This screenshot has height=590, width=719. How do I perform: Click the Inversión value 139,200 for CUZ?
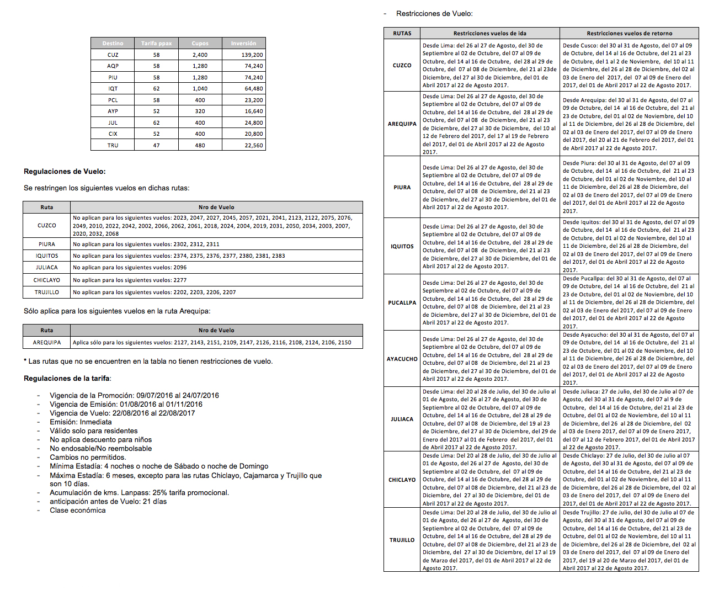point(252,55)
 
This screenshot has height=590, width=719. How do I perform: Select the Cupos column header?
point(200,43)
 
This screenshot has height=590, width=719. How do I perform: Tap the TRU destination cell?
point(113,145)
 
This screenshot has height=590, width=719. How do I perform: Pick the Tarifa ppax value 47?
point(156,145)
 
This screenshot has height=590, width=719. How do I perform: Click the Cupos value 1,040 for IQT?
point(200,88)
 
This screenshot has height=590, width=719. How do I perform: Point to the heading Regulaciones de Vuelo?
point(65,172)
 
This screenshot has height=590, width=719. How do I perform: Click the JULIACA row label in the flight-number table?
point(46,267)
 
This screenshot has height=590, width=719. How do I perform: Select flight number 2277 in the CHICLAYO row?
point(180,280)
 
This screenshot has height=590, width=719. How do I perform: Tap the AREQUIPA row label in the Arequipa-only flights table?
point(47,342)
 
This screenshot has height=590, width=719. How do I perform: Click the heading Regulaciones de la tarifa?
point(67,379)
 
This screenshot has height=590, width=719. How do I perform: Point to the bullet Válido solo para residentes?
point(93,430)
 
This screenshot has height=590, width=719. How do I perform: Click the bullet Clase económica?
point(77,510)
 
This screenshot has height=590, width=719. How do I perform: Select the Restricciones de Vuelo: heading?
point(434,13)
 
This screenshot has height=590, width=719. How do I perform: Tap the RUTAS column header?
point(402,33)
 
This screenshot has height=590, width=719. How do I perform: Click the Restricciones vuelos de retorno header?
point(629,33)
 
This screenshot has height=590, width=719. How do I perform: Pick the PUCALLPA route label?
point(402,302)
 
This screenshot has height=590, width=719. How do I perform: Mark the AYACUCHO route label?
point(402,359)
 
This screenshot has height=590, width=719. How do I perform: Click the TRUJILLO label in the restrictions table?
point(402,540)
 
